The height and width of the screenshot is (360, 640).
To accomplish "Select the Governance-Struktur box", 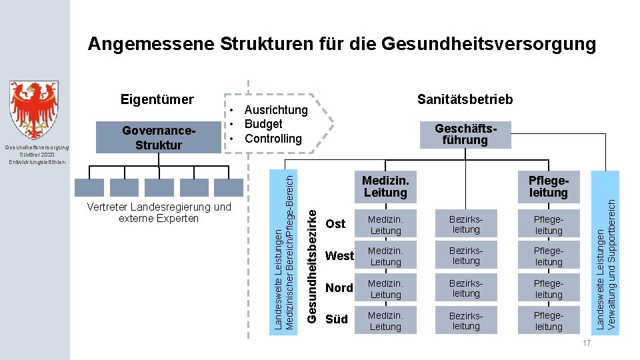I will [157, 137].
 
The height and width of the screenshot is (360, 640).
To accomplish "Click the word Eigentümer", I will [157, 100].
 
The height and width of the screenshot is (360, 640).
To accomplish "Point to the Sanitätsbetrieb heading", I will [465, 99].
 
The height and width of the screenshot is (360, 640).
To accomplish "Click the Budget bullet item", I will [263, 124].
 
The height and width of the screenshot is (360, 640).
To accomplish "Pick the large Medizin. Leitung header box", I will [385, 187].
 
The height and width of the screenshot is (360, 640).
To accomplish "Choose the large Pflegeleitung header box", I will [548, 187].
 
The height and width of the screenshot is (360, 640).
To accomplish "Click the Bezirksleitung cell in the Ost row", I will [466, 224].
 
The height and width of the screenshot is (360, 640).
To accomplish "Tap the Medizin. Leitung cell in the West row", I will [385, 256].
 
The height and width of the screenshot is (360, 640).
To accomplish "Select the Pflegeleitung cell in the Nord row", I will [549, 288].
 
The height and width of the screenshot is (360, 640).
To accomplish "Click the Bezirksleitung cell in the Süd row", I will [466, 320].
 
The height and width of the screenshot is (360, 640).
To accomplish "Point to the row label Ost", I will [335, 224].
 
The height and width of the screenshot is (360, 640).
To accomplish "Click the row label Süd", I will [336, 319].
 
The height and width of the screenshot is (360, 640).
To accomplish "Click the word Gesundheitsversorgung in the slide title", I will [488, 44].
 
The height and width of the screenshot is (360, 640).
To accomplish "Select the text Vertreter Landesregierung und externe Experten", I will [159, 212].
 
